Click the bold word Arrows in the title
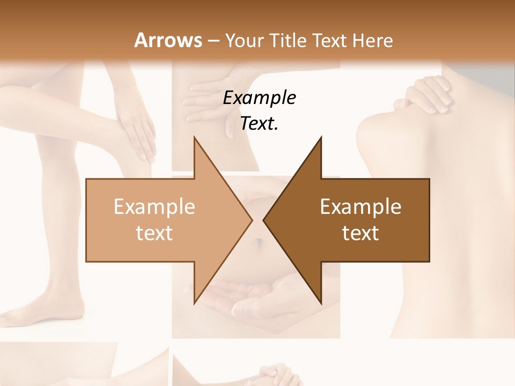[x=168, y=40]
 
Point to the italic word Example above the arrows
[x=259, y=98]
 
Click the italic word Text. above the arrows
[x=259, y=123]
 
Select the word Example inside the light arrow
[x=154, y=207]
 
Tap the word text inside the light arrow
[x=154, y=233]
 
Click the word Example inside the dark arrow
[x=360, y=207]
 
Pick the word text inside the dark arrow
[x=360, y=233]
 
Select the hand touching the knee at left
[x=136, y=129]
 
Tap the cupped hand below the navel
[x=252, y=300]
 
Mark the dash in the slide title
[x=213, y=41]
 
